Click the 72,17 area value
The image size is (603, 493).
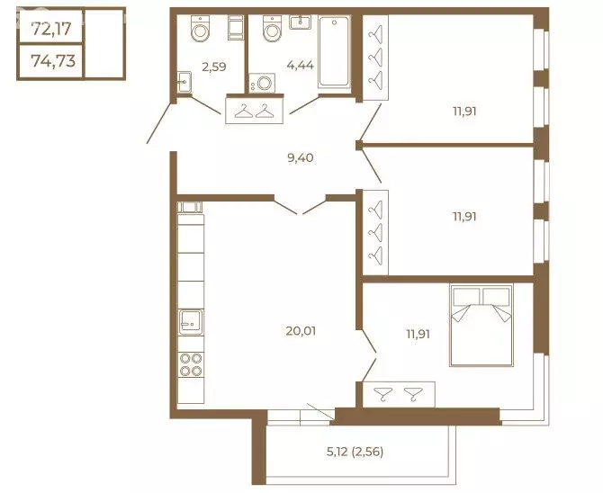click(x=51, y=29)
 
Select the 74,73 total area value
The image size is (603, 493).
click(x=53, y=60)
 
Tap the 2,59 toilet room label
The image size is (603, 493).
click(x=214, y=67)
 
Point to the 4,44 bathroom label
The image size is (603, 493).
click(x=300, y=65)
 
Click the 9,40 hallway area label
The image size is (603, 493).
click(x=301, y=157)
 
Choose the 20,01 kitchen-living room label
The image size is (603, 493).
click(x=301, y=331)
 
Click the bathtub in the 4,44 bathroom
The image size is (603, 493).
click(x=334, y=52)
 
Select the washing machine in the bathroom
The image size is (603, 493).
click(x=262, y=83)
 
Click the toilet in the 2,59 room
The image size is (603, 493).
click(x=200, y=28)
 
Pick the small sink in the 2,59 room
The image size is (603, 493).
click(x=184, y=82)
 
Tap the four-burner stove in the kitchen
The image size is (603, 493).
click(x=191, y=365)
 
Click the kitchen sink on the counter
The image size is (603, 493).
click(x=191, y=322)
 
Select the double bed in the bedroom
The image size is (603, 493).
click(x=481, y=325)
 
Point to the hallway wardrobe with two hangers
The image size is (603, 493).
click(x=254, y=111)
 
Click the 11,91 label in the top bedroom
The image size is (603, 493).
click(x=464, y=112)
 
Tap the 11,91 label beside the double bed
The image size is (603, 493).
click(x=418, y=334)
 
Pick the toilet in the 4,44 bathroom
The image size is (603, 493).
click(x=273, y=28)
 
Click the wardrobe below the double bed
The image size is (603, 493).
click(x=399, y=394)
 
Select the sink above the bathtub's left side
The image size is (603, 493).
click(x=300, y=22)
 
